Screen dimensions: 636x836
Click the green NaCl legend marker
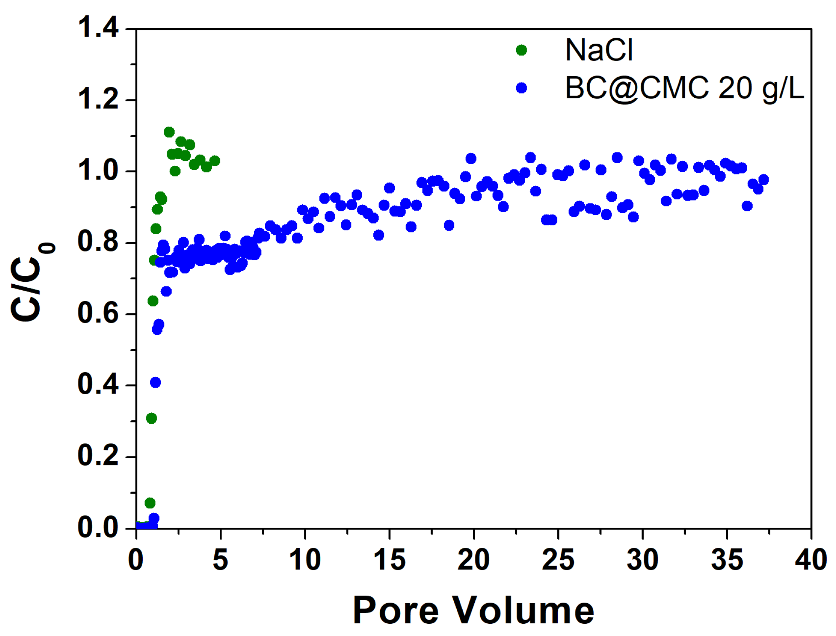521,50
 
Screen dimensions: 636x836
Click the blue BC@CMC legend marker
521,88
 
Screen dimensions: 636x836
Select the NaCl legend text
599,50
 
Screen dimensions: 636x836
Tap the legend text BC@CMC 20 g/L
684,88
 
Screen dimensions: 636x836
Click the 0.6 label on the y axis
98,313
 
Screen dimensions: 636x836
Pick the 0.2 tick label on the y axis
98,456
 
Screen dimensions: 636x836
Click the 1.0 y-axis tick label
98,171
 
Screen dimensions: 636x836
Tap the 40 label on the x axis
810,560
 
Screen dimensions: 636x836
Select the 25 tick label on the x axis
558,560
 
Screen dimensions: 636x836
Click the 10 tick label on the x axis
305,560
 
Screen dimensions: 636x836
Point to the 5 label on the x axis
220,560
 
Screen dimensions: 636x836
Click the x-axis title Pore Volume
473,611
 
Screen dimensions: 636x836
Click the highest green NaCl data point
169,132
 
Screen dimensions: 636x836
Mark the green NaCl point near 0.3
151,418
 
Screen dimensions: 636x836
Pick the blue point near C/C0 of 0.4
155,382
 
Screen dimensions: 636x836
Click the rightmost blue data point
763,180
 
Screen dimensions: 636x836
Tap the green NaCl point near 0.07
150,503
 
